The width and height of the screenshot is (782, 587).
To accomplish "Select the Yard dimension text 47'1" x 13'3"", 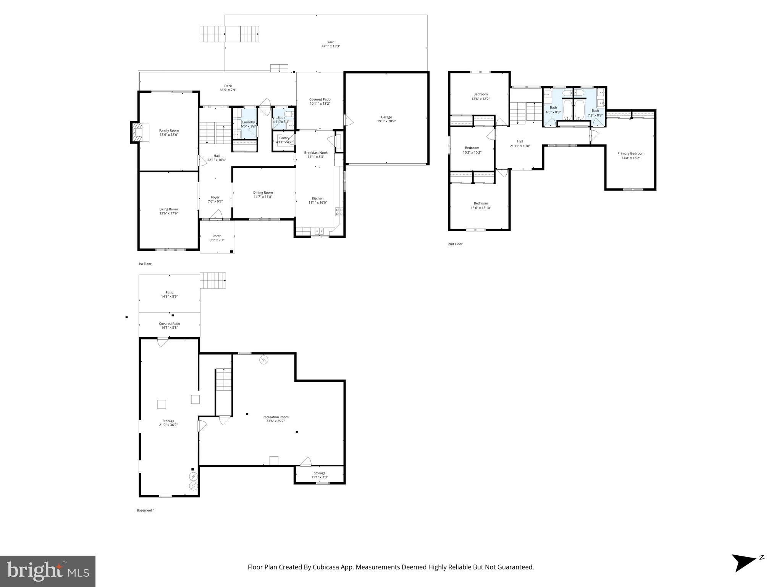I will [331, 46].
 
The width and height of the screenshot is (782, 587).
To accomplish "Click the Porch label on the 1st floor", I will [217, 236].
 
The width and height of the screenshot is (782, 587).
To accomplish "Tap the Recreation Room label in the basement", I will [275, 417].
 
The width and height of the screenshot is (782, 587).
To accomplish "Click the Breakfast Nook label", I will [316, 152].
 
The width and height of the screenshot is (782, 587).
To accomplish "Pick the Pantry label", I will [284, 138].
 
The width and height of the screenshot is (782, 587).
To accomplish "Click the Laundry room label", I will [248, 122].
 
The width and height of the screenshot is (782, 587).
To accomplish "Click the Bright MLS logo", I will [48, 571].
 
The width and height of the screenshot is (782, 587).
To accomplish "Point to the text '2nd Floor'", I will [455, 244].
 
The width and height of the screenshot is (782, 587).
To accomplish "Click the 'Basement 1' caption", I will [146, 510].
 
